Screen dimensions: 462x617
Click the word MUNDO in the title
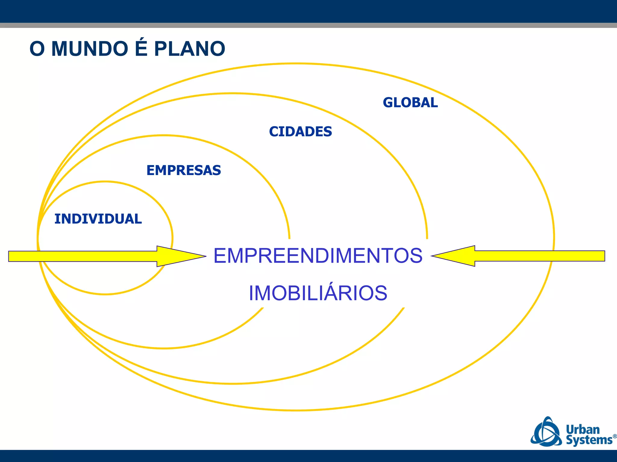(x=90, y=49)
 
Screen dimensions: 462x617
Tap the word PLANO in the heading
(x=189, y=49)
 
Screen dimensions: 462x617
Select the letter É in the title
(x=141, y=48)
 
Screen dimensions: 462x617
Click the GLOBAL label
(x=410, y=103)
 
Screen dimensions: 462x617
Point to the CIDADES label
(x=300, y=132)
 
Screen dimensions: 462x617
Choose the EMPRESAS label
(x=183, y=170)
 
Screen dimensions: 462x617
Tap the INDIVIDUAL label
(x=98, y=219)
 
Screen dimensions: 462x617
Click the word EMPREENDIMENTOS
(x=318, y=256)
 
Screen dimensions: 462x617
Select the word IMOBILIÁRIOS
(x=318, y=293)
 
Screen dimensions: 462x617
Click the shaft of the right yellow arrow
(x=539, y=256)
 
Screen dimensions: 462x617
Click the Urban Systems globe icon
(x=546, y=432)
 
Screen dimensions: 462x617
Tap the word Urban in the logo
(x=583, y=429)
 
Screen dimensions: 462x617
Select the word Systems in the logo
(x=589, y=440)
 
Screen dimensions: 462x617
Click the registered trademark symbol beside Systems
(x=615, y=436)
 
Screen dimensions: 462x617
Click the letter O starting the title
(x=37, y=49)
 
